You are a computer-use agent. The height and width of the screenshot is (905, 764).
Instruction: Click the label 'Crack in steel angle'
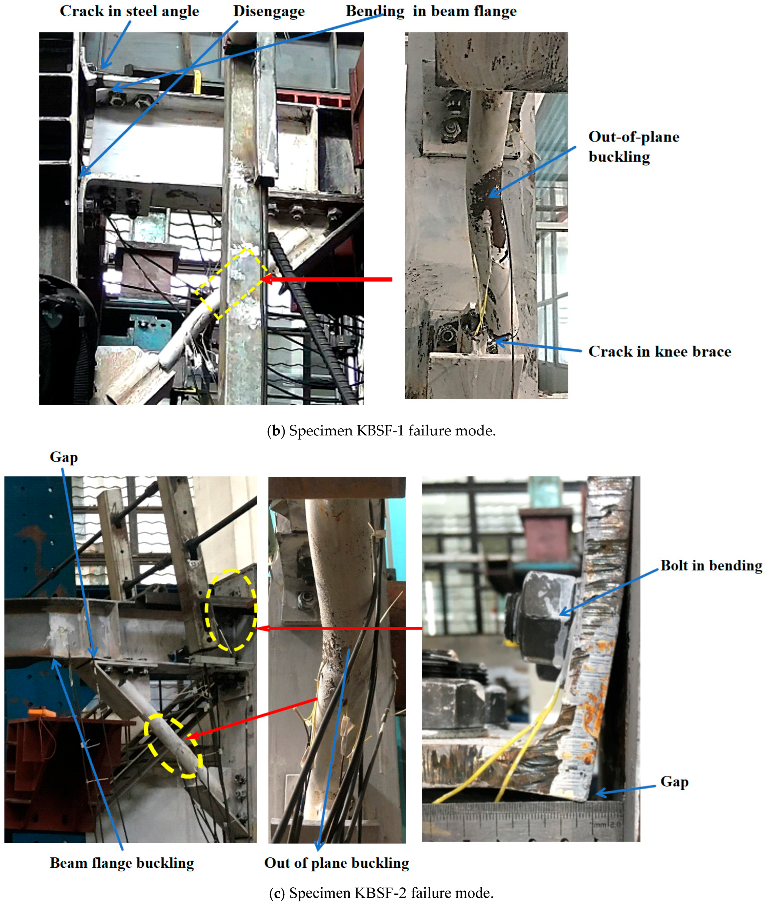(129, 11)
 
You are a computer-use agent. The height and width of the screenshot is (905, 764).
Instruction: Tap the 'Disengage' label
(269, 11)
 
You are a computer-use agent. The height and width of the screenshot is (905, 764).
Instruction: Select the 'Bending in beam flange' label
(431, 11)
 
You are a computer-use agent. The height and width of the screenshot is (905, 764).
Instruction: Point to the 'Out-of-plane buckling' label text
(634, 147)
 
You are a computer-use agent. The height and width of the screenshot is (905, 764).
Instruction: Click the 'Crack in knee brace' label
(660, 352)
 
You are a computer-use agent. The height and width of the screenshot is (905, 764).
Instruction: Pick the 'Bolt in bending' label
(711, 566)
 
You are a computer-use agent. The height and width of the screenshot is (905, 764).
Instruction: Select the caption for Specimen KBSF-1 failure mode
(381, 431)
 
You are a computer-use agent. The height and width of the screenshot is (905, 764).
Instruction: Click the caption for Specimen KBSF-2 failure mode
(381, 893)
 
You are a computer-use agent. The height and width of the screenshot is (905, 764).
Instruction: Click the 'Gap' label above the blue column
(64, 458)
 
